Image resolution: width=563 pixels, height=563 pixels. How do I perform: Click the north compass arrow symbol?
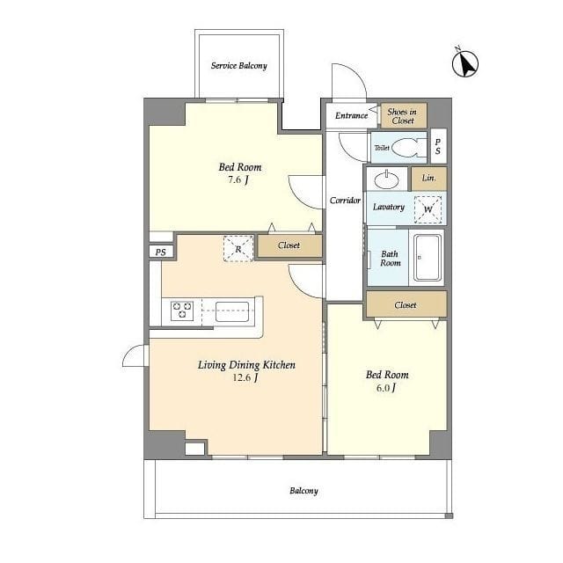[x=465, y=63]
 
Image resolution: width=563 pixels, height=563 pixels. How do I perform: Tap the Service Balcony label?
[x=239, y=66]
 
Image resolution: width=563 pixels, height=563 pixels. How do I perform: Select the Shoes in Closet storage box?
[x=404, y=115]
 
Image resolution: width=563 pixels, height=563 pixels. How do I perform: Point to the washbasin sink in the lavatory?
[x=386, y=179]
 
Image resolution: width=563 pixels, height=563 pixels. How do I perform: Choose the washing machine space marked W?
[x=428, y=209]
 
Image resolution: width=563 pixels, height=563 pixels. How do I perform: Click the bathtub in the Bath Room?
[x=427, y=258]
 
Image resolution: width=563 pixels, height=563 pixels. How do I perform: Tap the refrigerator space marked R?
[x=238, y=248]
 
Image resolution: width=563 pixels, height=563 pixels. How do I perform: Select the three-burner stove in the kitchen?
[x=182, y=311]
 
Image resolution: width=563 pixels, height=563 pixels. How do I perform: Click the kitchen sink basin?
[x=232, y=311]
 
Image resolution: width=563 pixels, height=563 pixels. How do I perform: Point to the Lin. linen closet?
[x=429, y=178]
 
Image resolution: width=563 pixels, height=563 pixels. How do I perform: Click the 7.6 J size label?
[x=238, y=179]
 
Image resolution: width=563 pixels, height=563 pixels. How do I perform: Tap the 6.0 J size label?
[x=386, y=388]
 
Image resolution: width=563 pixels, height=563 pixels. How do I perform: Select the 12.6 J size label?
[x=245, y=377]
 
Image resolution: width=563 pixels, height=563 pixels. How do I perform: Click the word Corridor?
[x=345, y=201]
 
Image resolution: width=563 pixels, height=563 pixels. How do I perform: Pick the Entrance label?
[x=352, y=115]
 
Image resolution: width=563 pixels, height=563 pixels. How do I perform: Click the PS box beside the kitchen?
[x=161, y=252]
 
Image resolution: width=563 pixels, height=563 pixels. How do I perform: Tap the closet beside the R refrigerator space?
[x=289, y=246]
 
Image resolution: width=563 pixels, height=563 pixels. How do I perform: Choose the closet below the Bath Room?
[x=406, y=304]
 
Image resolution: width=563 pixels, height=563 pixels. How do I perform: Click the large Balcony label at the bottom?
[x=303, y=491]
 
